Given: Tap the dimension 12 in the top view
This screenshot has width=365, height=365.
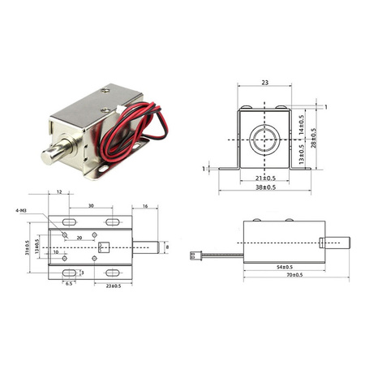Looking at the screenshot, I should (60, 192).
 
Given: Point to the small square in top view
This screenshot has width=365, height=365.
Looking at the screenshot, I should (102, 247).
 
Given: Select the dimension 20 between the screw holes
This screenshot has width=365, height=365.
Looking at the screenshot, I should (79, 238).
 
